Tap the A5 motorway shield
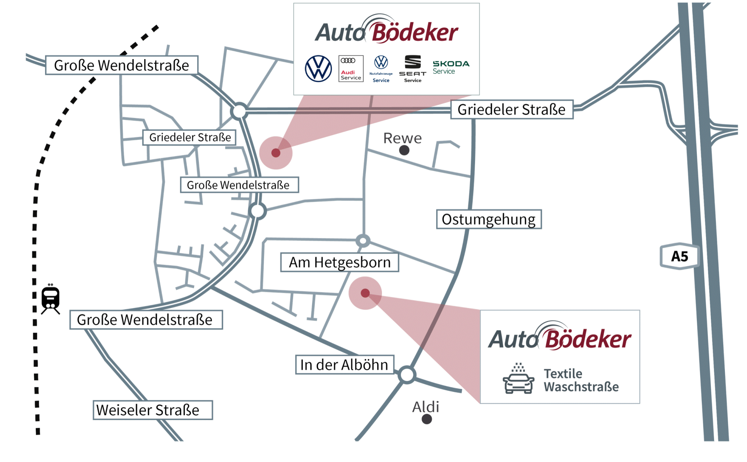click(x=679, y=256)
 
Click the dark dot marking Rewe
click(x=404, y=150)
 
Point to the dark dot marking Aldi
click(x=427, y=419)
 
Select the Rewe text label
click(x=402, y=138)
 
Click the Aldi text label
click(x=426, y=407)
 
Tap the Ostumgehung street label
click(x=489, y=219)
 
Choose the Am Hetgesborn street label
click(x=340, y=263)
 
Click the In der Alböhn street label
click(x=344, y=365)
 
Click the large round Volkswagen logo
click(x=318, y=69)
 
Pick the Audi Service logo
click(x=351, y=69)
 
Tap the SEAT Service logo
click(x=413, y=69)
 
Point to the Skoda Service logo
click(x=451, y=67)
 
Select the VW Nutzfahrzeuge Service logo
click(x=381, y=69)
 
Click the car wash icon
click(x=518, y=379)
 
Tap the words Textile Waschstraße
click(x=581, y=380)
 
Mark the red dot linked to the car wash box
click(x=365, y=293)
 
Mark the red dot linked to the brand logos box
click(x=276, y=153)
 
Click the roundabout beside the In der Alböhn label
click(x=407, y=375)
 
